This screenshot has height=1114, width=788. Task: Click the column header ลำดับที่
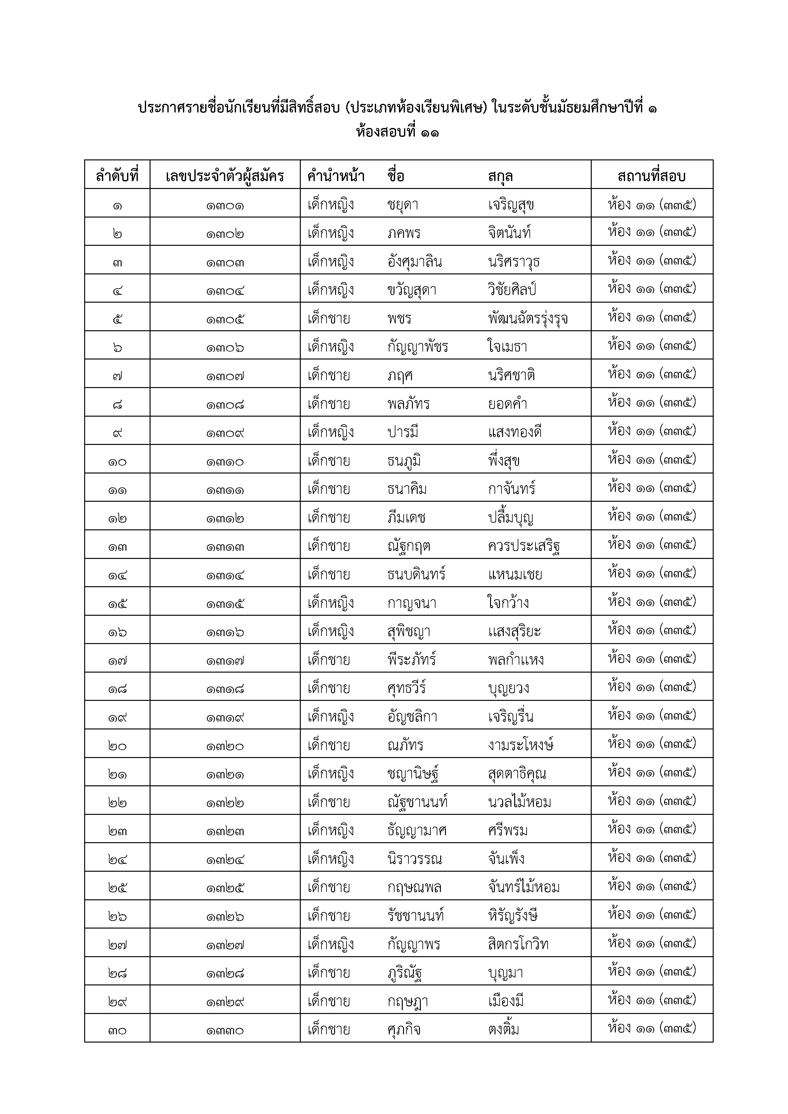pyautogui.click(x=117, y=175)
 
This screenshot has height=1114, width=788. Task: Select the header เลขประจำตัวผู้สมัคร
pyautogui.click(x=225, y=175)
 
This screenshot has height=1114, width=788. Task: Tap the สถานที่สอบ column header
pyautogui.click(x=651, y=175)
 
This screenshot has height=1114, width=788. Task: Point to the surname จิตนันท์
pyautogui.click(x=509, y=233)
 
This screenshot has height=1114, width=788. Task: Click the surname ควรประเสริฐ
pyautogui.click(x=524, y=546)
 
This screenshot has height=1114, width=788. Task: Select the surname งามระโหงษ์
pyautogui.click(x=521, y=745)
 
